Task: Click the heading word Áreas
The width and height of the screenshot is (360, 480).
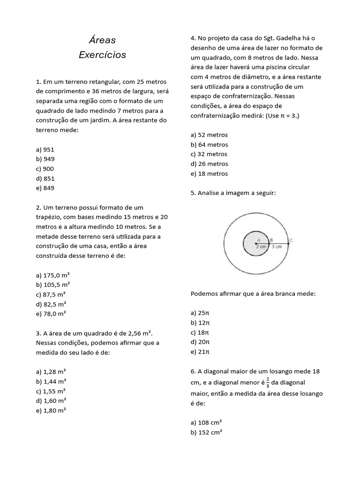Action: (102, 40)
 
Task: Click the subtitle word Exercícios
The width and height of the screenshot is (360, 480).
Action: (102, 55)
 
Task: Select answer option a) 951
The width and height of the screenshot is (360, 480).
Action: (45, 150)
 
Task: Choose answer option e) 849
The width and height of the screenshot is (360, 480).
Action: (45, 188)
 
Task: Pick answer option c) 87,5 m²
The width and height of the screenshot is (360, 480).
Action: (51, 294)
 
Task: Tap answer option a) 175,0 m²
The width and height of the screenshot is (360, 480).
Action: (52, 275)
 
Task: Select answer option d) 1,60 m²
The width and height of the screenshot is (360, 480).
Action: (51, 400)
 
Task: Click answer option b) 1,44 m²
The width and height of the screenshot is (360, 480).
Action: (51, 381)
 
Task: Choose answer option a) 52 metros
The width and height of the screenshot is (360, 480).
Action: (209, 135)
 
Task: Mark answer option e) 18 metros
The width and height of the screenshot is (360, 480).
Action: (209, 173)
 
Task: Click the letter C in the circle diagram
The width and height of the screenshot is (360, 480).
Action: (291, 240)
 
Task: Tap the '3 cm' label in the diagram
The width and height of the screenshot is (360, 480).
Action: (277, 247)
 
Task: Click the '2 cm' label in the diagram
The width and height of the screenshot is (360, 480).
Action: (261, 247)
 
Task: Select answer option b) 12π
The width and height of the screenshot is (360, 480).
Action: (200, 322)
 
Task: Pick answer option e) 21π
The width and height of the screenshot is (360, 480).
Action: (200, 352)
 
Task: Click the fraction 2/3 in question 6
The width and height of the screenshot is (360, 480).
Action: (268, 382)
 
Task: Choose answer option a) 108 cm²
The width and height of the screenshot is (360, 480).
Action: (206, 422)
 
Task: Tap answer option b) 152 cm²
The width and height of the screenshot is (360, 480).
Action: (206, 432)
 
